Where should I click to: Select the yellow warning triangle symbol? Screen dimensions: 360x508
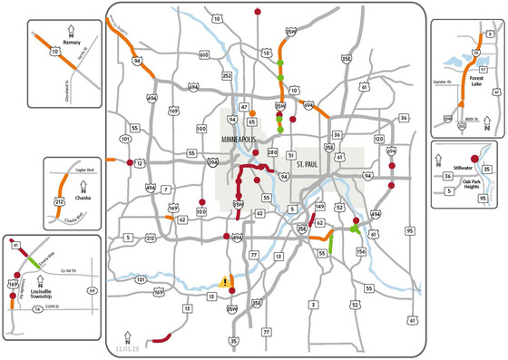click(224, 282)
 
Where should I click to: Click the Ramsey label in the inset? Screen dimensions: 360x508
click(73, 43)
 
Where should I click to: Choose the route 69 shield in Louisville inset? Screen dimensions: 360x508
click(92, 290)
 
